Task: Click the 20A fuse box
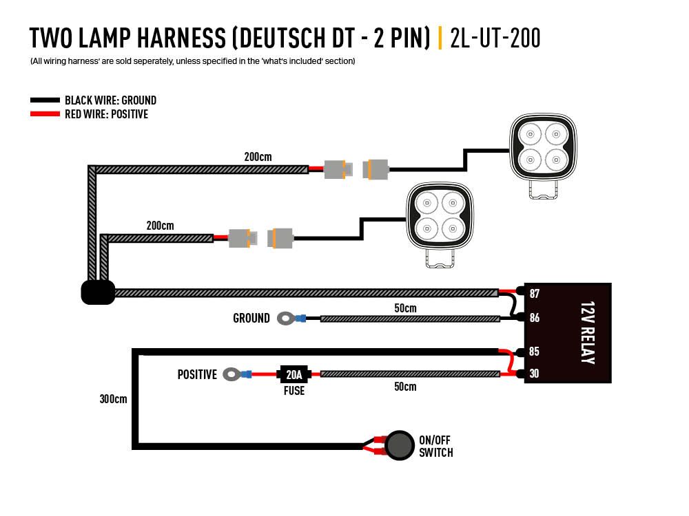point(294,374)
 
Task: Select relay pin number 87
point(535,294)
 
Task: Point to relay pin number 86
point(535,318)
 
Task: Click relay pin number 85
point(535,352)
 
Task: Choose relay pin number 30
point(535,374)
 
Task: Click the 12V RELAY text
point(586,332)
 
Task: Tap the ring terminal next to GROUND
point(285,318)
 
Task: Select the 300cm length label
point(113,398)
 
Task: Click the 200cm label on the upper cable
point(258,157)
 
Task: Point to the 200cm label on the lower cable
point(160,226)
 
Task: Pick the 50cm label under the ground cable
point(405,308)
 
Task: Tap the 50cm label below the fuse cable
point(405,387)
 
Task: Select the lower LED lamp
point(441,218)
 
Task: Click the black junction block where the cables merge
point(98,292)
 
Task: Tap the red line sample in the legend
point(45,114)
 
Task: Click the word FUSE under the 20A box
point(294,391)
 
